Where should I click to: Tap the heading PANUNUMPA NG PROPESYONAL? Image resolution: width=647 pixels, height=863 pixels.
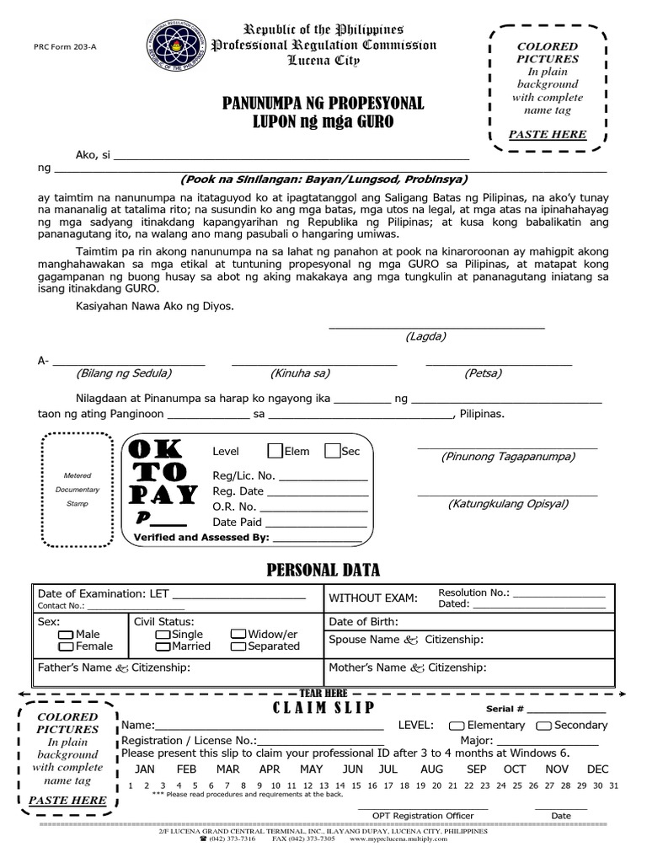[x=323, y=104]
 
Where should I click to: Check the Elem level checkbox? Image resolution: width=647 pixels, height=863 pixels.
[x=275, y=451]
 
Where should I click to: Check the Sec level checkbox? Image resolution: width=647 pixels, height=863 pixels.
[x=332, y=451]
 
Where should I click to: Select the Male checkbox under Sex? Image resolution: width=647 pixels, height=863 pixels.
[x=66, y=634]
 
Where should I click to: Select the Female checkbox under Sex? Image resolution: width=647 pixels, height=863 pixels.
[x=66, y=646]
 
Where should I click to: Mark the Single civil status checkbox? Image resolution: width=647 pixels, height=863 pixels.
[x=163, y=634]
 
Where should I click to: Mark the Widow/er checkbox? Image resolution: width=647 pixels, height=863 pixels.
[x=238, y=634]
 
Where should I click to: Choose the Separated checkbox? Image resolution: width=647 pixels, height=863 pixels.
[x=238, y=646]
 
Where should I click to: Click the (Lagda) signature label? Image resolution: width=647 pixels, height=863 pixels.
[x=425, y=336]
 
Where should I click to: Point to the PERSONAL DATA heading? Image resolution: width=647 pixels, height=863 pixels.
[x=323, y=571]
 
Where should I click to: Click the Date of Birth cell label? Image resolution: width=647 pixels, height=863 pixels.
[x=363, y=621]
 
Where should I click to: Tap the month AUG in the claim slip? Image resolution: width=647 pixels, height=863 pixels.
[x=431, y=769]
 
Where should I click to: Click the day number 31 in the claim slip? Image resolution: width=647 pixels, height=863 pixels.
[x=612, y=785]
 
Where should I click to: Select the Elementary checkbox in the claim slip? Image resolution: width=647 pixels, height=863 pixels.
[x=456, y=726]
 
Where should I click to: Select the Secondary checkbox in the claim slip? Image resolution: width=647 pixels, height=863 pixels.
[x=543, y=726]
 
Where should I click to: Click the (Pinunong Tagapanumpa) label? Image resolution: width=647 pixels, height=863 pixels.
[x=508, y=457]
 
